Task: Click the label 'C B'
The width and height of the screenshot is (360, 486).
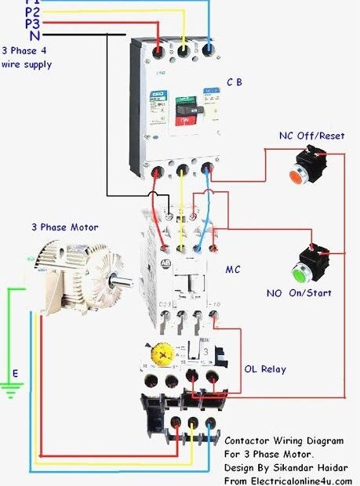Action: tap(235, 82)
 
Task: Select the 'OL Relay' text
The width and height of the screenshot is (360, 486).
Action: tap(264, 369)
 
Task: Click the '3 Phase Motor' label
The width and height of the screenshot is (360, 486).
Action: tap(64, 227)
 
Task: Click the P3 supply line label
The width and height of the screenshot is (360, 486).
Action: tap(32, 24)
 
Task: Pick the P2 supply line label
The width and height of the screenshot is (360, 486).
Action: tap(32, 12)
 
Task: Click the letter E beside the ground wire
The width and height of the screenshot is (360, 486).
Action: tap(13, 373)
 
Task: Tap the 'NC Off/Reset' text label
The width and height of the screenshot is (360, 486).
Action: tap(307, 136)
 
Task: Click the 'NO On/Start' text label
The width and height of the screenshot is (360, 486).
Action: tap(300, 293)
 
